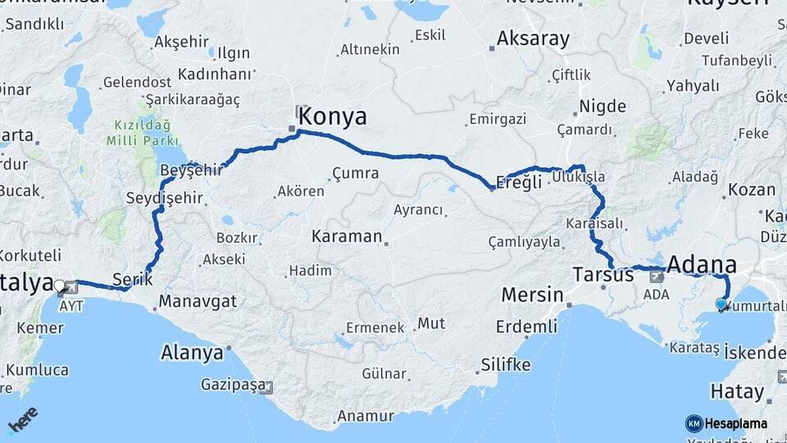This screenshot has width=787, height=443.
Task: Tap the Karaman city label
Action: (347, 236)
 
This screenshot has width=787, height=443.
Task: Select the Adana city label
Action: (702, 264)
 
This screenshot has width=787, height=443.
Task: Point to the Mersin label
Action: (531, 295)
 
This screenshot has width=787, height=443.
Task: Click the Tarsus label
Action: (604, 274)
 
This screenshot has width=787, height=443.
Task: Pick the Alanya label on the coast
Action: (192, 353)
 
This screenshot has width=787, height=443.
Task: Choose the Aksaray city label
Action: (533, 39)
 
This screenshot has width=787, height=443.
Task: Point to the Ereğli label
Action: (520, 182)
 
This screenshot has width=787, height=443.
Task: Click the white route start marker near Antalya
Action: (59, 285)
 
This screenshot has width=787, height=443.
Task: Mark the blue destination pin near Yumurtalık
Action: (721, 304)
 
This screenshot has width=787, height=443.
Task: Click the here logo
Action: (23, 422)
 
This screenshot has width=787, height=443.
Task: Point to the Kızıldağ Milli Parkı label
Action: (137, 133)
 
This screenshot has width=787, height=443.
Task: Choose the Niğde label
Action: (603, 106)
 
